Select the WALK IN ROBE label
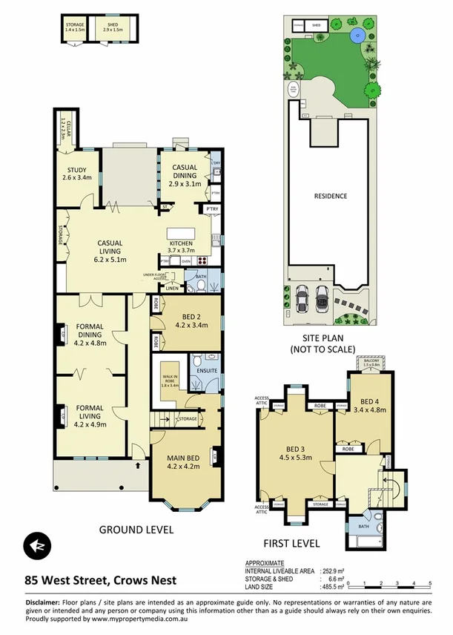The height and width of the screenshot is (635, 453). click(171, 379)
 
